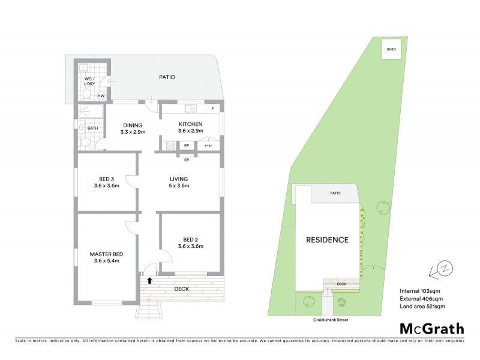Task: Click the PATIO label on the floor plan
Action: point(167,77)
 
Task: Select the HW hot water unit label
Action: point(101,96)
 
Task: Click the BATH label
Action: point(92,128)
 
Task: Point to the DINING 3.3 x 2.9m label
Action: point(133,128)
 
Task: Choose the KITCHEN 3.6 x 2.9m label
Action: point(190,127)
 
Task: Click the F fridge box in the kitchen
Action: point(212,109)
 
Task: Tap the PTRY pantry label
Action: point(208,146)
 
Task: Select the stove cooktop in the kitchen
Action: point(170,145)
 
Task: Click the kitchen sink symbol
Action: point(191,109)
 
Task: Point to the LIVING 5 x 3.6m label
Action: point(179,182)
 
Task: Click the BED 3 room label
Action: point(107,182)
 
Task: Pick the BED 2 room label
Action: point(190,242)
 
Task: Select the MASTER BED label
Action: point(107,257)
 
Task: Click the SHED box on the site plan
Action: point(391,49)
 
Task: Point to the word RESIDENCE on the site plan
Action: point(328,240)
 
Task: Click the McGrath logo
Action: point(431,328)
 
